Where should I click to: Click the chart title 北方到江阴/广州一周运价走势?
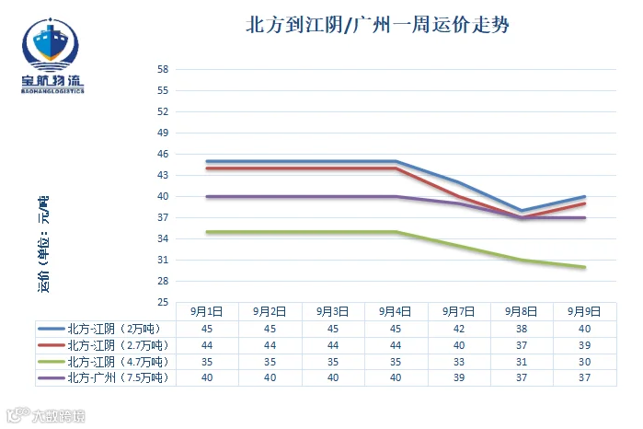click(x=377, y=25)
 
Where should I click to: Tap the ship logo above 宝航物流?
click(x=50, y=44)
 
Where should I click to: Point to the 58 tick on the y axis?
click(x=163, y=69)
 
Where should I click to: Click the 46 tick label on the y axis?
click(x=163, y=154)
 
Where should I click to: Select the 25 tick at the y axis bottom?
click(x=163, y=302)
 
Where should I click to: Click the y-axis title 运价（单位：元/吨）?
click(x=43, y=244)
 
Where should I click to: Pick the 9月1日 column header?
click(x=207, y=311)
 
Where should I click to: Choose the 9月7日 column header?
click(x=458, y=311)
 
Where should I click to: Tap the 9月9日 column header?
click(x=584, y=311)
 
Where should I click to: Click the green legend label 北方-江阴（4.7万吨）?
click(x=118, y=362)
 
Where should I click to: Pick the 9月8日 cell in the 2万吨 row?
click(x=522, y=329)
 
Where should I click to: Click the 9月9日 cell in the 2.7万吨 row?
click(x=584, y=345)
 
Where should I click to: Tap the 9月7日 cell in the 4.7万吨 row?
click(x=458, y=362)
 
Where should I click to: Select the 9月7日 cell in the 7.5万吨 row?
click(x=458, y=377)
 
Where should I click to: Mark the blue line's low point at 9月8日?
click(x=522, y=211)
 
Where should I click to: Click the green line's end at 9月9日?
click(x=584, y=267)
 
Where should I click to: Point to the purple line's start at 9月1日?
click(x=207, y=197)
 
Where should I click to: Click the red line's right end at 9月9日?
click(x=584, y=203)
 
